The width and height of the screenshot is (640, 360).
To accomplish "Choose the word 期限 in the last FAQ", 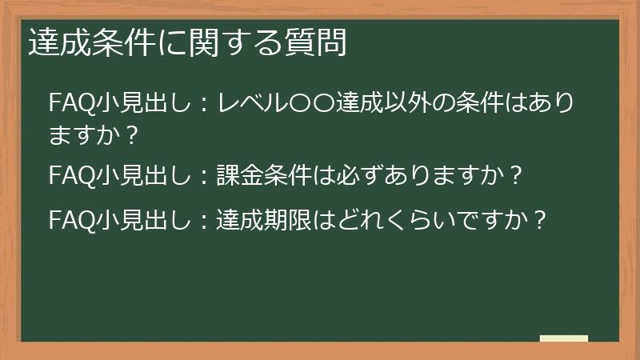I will click(x=287, y=218).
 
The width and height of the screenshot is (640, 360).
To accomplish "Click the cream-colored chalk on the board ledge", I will click(x=564, y=338).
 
